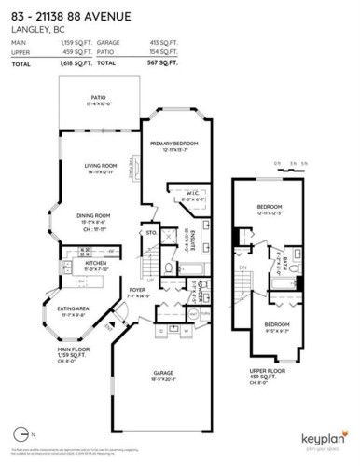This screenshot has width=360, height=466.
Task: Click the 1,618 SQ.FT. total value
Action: pyautogui.click(x=73, y=62)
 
